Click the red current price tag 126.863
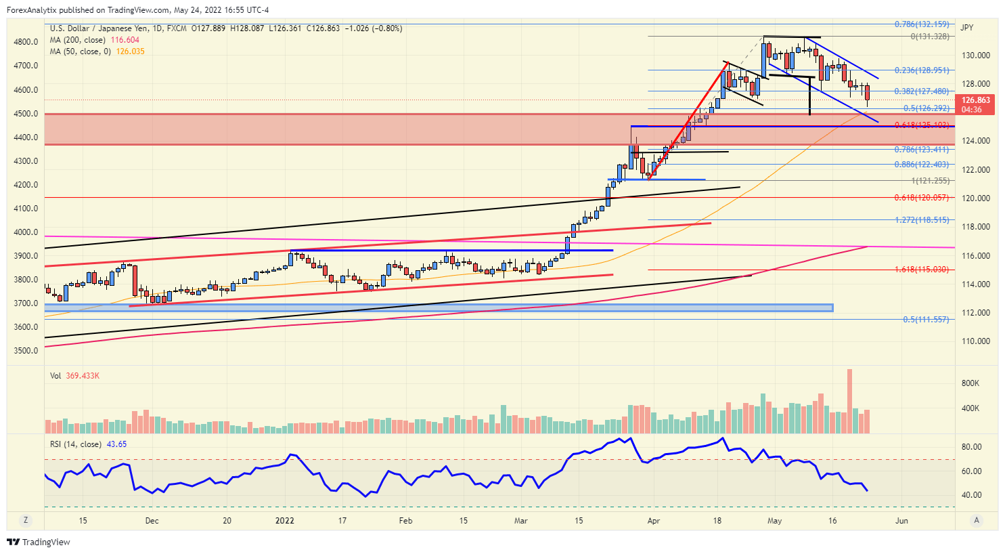(975, 100)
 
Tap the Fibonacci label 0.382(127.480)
(921, 91)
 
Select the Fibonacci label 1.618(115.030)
(921, 270)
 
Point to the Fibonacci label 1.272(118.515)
(921, 220)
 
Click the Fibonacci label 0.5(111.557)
(926, 320)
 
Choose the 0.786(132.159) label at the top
(921, 24)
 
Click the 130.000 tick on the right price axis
(975, 56)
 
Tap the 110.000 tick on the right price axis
(975, 341)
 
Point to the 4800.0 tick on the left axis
(26, 42)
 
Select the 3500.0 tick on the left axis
(26, 351)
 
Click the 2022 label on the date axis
(285, 521)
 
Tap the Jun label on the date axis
(901, 521)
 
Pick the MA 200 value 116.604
(125, 40)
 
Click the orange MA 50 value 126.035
(130, 51)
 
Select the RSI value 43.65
(116, 444)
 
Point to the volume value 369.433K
(83, 376)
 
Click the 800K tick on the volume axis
(970, 383)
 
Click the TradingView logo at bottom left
(39, 542)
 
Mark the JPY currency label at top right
(966, 28)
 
